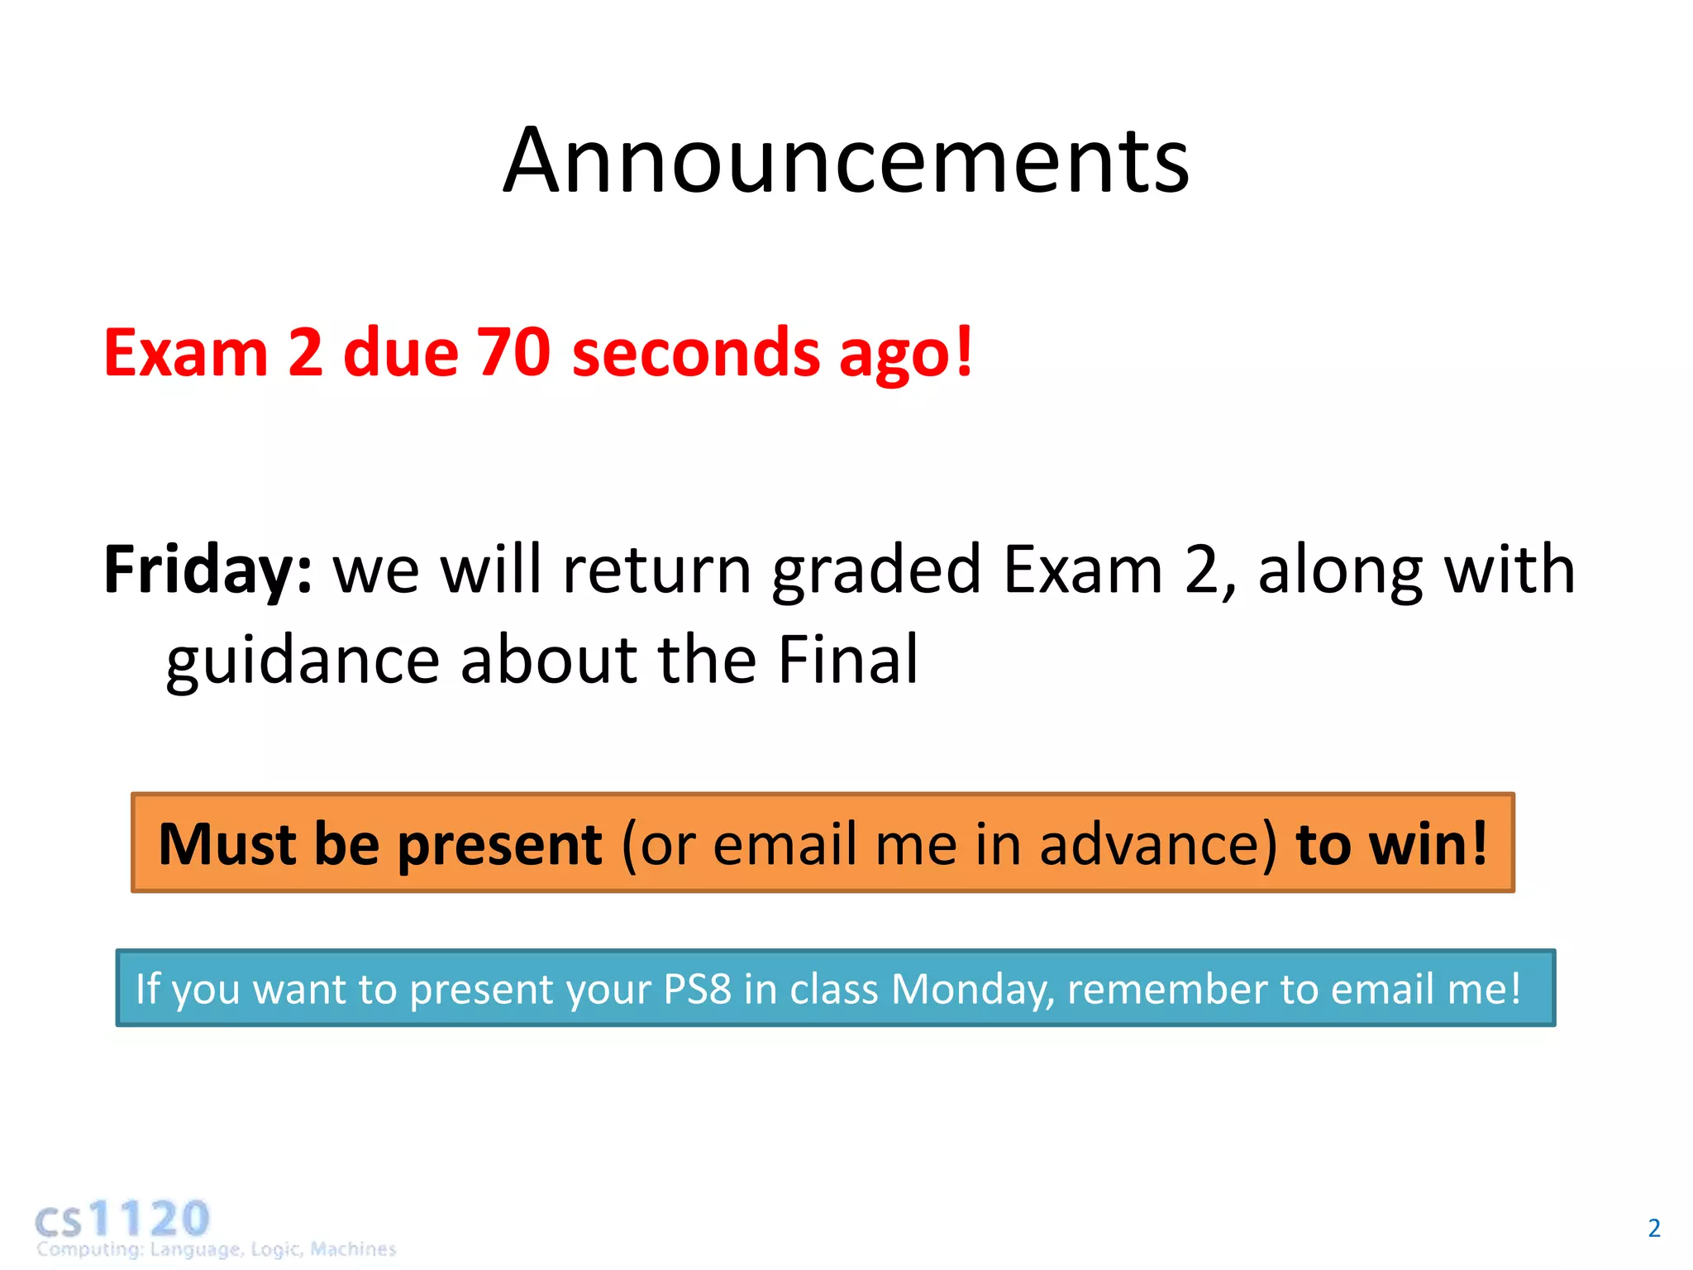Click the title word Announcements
(846, 161)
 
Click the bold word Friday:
(207, 571)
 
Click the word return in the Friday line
(656, 571)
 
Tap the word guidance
(302, 661)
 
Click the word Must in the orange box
(227, 844)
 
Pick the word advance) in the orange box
(1157, 844)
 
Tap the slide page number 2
(1653, 1228)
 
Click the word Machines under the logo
(353, 1249)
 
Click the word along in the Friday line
(1340, 571)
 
